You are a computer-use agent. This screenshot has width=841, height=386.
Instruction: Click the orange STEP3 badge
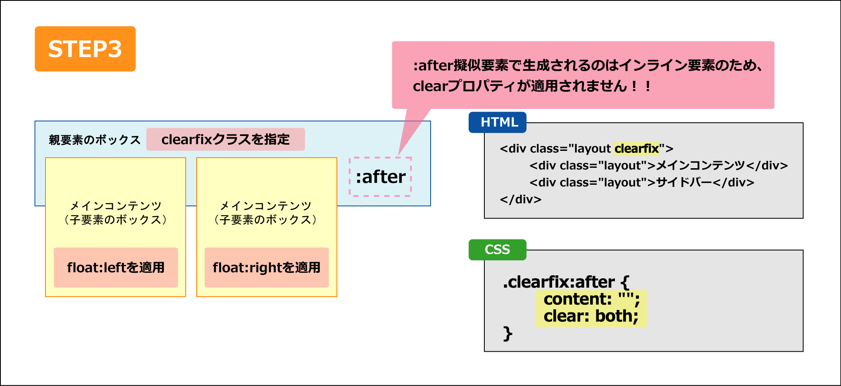tap(85, 49)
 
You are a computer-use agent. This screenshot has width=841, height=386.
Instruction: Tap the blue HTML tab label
tap(498, 122)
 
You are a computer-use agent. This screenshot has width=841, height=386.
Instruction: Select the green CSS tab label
tap(498, 250)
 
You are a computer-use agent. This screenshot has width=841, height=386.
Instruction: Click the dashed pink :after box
tap(380, 177)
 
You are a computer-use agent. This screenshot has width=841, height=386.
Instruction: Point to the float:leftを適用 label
tap(116, 267)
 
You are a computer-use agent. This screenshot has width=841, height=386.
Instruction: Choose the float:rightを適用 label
tap(267, 267)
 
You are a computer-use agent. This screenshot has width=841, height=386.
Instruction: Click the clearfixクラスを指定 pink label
tap(226, 139)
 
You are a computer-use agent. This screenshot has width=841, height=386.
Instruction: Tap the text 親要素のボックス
tap(95, 140)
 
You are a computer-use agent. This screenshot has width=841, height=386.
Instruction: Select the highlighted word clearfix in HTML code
tap(637, 148)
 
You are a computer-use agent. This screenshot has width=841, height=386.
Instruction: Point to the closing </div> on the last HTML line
tap(520, 199)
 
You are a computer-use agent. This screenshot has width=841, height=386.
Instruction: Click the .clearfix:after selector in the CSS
tap(558, 282)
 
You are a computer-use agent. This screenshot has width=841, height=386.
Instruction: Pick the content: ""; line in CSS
tap(591, 299)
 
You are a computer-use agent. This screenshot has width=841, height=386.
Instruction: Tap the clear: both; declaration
tap(591, 316)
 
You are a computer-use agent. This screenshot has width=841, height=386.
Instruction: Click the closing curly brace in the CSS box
tap(508, 334)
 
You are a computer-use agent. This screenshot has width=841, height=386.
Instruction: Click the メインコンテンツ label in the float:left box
tap(116, 205)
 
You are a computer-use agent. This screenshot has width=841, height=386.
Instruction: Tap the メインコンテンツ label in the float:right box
tap(265, 205)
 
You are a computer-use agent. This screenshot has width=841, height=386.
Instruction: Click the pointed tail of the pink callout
tap(398, 155)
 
